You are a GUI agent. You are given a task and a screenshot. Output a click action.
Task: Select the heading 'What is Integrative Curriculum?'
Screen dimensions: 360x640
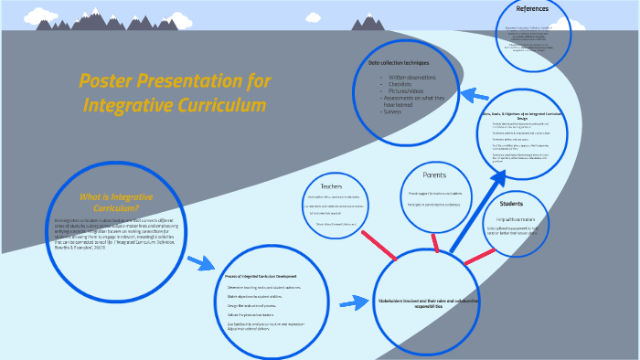click(x=116, y=202)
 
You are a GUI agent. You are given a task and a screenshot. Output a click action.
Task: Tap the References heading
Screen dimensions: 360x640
click(x=532, y=9)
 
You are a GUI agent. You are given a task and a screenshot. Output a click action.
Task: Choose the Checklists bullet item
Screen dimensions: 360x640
click(x=405, y=86)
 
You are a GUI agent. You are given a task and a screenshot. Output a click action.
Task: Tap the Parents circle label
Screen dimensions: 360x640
click(x=434, y=175)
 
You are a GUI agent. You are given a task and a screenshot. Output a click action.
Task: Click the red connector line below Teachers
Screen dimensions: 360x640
click(x=376, y=245)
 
